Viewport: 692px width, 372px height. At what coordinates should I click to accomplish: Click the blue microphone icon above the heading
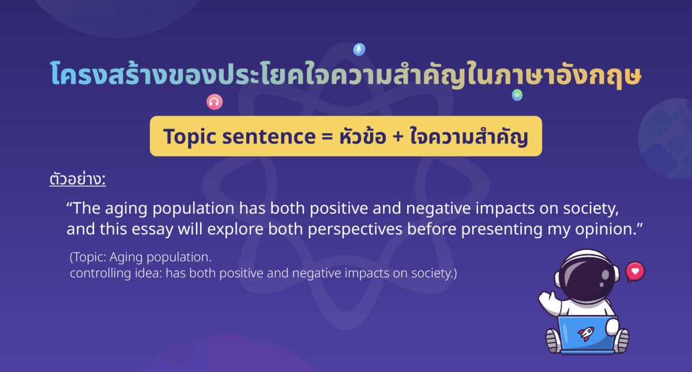[x=359, y=50]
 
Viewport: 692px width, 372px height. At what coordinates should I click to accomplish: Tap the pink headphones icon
[x=215, y=102]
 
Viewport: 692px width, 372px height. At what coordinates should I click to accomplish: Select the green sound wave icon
[x=517, y=95]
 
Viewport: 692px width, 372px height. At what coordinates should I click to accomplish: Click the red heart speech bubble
[x=635, y=270]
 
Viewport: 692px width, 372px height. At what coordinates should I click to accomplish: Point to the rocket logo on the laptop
[x=586, y=333]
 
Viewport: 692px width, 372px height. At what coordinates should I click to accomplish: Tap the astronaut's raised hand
[x=547, y=298]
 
